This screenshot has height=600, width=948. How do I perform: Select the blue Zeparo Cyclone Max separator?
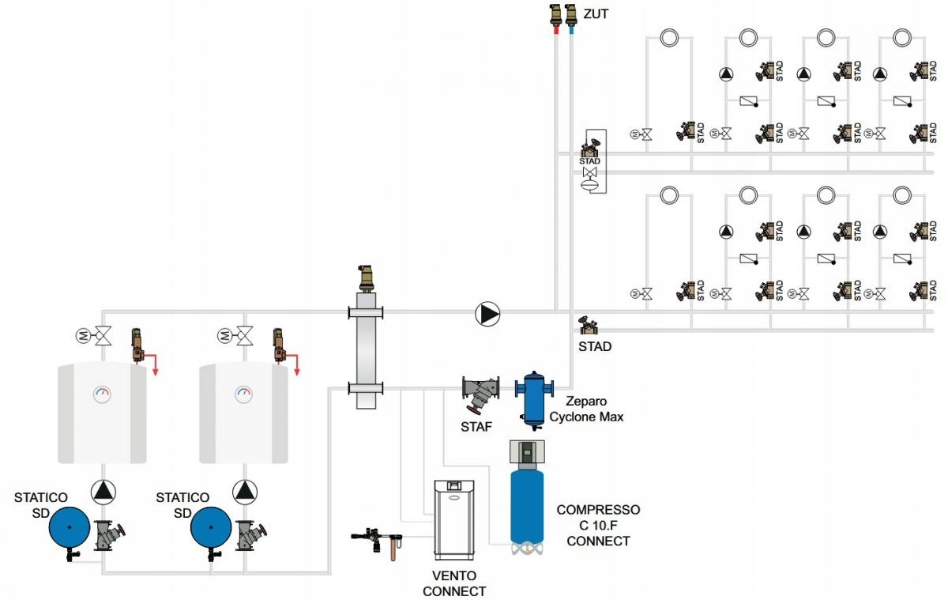[535, 397]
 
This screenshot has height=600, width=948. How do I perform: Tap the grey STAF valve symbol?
[481, 392]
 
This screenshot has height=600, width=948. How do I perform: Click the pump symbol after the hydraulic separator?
[488, 314]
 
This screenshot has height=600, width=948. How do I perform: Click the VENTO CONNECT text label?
[454, 583]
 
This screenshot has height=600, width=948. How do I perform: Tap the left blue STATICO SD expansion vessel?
[70, 526]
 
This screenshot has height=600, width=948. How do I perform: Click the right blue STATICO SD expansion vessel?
[211, 527]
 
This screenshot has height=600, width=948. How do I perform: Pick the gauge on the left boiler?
[103, 393]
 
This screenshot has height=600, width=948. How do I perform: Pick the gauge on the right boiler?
[244, 393]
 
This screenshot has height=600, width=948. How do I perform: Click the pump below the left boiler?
[103, 492]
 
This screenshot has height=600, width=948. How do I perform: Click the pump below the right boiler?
[245, 492]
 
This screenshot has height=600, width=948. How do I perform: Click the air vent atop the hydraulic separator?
[366, 277]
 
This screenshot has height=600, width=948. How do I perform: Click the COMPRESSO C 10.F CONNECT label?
[598, 526]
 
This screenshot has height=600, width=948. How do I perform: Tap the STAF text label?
[476, 428]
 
